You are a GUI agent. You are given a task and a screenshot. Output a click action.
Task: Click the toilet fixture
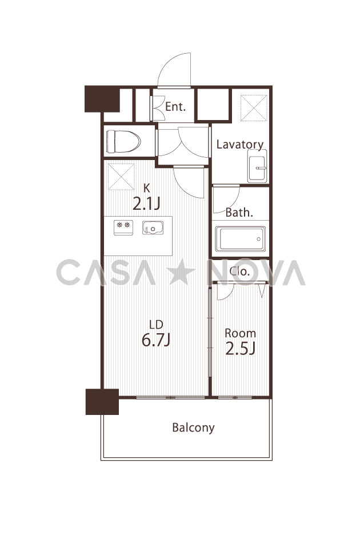click(123, 141)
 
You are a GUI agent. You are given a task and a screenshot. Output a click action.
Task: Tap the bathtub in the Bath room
click(240, 238)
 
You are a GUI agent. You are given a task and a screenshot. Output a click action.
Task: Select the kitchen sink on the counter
click(153, 227)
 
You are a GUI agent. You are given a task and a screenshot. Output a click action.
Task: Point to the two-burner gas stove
click(123, 227)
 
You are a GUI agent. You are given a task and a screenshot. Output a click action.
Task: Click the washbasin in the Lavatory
click(257, 166)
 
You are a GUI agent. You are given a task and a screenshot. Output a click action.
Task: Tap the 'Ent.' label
click(175, 107)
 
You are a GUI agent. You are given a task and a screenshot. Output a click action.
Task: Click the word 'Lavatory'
click(240, 145)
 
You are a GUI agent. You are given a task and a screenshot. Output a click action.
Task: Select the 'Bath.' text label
click(239, 212)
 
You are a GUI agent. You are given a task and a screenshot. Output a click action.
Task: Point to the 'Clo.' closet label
click(239, 271)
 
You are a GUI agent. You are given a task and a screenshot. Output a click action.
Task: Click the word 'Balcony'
click(193, 428)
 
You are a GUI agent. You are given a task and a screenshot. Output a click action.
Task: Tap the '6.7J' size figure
click(156, 340)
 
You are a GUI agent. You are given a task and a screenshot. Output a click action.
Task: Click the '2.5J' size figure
click(240, 349)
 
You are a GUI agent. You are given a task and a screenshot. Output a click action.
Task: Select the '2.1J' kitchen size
click(146, 203)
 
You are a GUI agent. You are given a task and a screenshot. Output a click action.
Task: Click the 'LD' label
click(156, 325)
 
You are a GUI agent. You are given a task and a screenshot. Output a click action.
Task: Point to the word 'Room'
click(240, 333)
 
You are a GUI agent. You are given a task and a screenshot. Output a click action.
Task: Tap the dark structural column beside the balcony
click(102, 402)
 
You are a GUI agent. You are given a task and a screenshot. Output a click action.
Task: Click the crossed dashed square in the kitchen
click(121, 177)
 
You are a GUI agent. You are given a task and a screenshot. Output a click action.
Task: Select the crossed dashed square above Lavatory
click(254, 108)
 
